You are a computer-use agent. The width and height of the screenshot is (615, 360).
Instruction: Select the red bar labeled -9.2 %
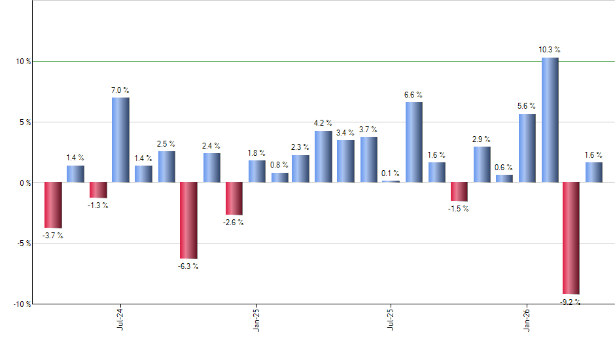point(571,238)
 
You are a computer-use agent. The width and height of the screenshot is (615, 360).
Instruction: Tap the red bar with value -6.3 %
point(188,221)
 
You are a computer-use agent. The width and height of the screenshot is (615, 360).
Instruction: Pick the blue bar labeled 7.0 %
point(120,139)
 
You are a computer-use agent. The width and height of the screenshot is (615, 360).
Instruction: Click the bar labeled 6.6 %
point(413,142)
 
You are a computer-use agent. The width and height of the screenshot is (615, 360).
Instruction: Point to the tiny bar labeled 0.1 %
point(391,181)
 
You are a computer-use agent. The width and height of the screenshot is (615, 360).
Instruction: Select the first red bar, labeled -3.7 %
point(53,205)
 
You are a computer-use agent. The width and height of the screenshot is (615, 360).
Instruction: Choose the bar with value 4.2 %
point(323,156)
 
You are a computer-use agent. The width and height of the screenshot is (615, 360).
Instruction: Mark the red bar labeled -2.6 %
point(234,198)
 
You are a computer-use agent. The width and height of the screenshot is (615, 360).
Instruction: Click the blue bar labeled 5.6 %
point(527,148)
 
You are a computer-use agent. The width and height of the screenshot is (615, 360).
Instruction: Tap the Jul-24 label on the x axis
point(120,320)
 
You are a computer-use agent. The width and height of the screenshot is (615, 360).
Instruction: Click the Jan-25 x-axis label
point(256,320)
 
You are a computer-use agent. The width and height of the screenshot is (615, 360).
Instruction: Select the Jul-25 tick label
point(391,320)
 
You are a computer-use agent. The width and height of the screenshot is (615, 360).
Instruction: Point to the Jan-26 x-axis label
point(527,320)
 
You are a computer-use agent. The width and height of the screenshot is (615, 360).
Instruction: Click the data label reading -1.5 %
point(459,209)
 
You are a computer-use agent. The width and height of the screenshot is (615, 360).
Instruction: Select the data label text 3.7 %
point(369,129)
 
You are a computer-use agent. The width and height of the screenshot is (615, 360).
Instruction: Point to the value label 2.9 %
point(482,139)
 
